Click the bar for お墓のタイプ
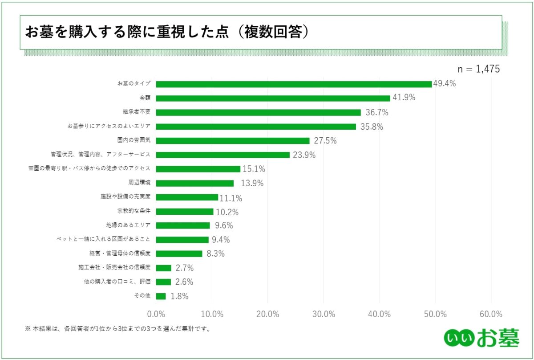point(294,84)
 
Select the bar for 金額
point(273,98)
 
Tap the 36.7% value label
point(375,112)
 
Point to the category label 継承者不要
point(137,112)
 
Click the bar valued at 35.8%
point(256,127)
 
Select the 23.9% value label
point(304,155)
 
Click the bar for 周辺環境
point(195,183)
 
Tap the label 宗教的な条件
point(137,211)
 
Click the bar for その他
point(161,296)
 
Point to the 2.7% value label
point(184,268)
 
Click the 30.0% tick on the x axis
point(324,314)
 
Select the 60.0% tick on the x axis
point(491,314)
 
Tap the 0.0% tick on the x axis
point(157,314)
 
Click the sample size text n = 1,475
point(479,69)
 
